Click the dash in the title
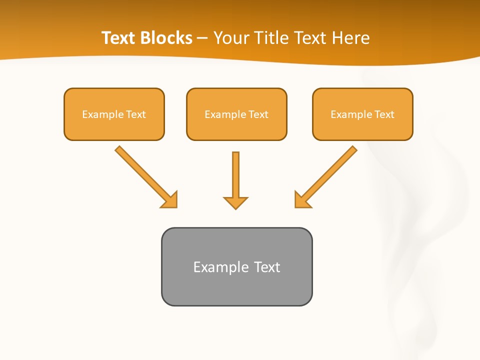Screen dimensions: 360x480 click(203, 38)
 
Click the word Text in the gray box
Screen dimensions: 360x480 click(267, 267)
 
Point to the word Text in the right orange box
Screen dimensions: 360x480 click(384, 114)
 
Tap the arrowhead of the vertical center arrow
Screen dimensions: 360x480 click(235, 202)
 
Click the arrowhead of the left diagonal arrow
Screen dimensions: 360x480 click(170, 200)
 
